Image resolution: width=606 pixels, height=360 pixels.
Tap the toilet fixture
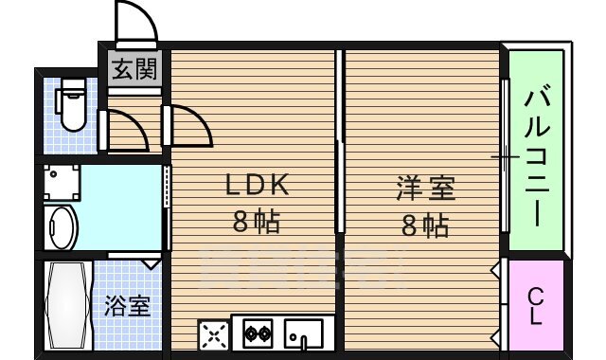tap(70, 105)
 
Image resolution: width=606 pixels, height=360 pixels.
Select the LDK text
tap(255, 185)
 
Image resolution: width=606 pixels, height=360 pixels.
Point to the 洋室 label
tap(425, 188)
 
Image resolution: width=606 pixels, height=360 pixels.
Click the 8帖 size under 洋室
tap(425, 225)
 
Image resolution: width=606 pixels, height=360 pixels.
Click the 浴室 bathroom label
tap(127, 306)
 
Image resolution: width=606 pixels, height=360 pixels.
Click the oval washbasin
tap(62, 227)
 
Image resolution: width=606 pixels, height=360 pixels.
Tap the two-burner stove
tap(258, 333)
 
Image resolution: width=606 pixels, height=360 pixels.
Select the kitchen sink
tap(304, 333)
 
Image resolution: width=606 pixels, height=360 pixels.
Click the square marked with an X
tap(213, 333)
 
